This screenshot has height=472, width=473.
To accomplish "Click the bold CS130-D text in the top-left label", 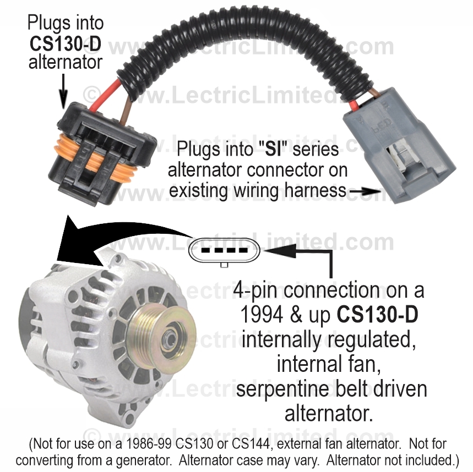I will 65,43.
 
